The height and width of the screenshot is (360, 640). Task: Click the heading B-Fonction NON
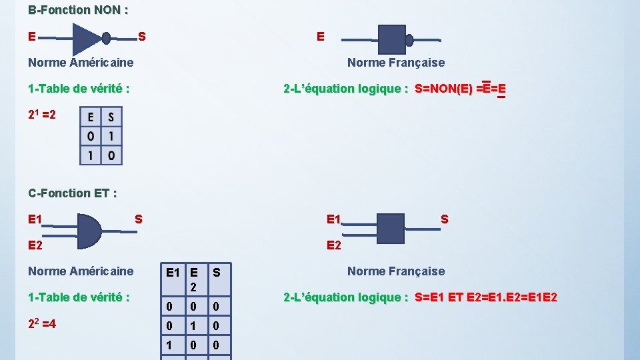[79, 10]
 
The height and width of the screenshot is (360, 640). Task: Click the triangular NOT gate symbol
[86, 39]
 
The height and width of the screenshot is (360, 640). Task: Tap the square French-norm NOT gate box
[391, 39]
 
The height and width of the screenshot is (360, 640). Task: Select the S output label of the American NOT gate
[142, 35]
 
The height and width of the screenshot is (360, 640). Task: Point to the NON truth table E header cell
[90, 118]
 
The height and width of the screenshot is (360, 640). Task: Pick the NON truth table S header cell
[111, 118]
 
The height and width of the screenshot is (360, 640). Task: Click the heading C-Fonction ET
[73, 193]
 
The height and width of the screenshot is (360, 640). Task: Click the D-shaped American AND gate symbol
[89, 231]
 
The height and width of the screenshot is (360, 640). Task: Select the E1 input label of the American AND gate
[35, 219]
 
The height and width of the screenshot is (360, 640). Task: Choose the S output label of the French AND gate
[445, 219]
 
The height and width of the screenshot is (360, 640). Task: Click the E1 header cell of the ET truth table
[173, 272]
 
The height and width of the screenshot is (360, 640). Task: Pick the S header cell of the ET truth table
[217, 272]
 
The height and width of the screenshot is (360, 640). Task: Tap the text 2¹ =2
[42, 114]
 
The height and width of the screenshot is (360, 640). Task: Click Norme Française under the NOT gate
[396, 63]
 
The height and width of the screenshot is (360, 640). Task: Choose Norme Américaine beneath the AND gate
[81, 271]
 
